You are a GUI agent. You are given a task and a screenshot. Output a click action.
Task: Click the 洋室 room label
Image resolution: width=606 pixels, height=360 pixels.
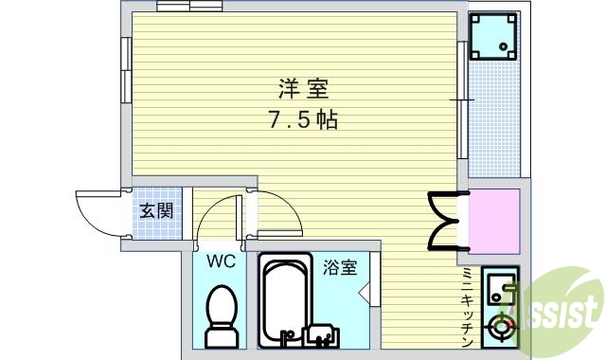coord(302,90)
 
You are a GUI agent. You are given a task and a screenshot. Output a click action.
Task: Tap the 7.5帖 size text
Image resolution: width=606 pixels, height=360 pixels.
coord(302,120)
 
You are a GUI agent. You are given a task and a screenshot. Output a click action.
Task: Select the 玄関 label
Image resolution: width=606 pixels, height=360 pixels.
coord(156,210)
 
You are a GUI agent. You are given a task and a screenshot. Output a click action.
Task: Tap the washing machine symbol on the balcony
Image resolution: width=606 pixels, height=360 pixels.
coord(493,36)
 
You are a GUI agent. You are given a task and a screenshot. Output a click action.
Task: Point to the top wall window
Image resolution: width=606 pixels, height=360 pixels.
coord(188,8)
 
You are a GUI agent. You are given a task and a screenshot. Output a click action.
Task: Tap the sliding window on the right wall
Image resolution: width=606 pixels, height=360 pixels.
coord(462,99)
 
